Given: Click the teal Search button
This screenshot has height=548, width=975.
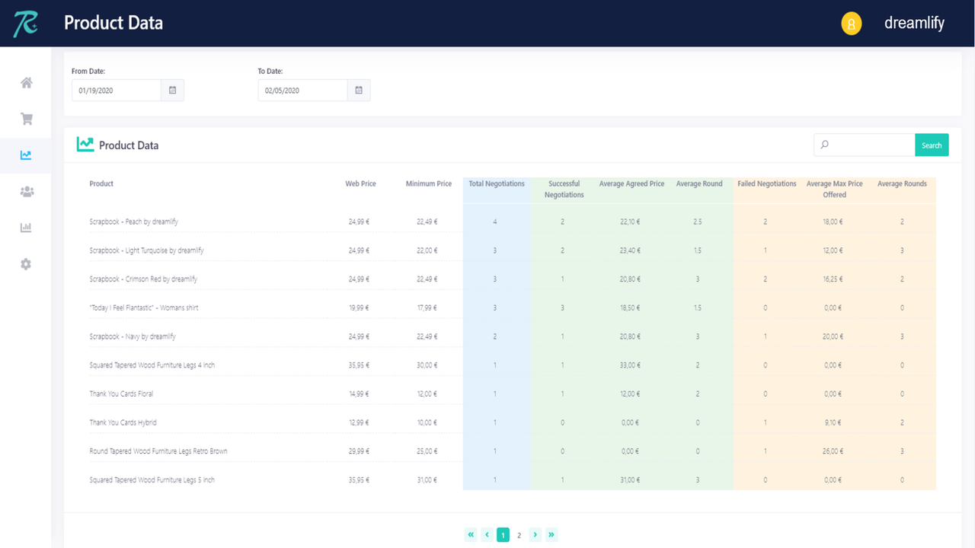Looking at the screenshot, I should [x=932, y=145].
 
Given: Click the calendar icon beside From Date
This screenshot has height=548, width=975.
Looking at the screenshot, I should [x=172, y=91].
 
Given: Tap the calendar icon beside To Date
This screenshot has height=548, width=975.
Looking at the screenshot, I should [x=359, y=91].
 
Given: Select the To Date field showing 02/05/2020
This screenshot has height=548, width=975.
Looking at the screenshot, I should [x=302, y=91].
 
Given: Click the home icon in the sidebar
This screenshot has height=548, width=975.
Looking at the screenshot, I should [x=27, y=83].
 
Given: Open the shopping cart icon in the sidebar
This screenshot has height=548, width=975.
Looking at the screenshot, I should [x=27, y=119].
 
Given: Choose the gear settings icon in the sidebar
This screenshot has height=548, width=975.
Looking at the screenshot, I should [x=27, y=264].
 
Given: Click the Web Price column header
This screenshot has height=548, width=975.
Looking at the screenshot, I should [x=360, y=183].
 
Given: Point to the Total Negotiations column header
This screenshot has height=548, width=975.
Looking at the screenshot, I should [x=497, y=183].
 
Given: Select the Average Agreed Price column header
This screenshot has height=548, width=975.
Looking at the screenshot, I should [x=631, y=183].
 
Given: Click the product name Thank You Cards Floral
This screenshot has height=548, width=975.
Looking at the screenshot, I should [x=121, y=393].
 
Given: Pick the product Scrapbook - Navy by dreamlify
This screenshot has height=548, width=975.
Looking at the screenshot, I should [x=133, y=336].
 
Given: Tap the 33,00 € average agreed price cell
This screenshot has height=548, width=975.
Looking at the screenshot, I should [x=629, y=365].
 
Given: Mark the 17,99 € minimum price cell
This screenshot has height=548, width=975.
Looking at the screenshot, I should [x=427, y=307].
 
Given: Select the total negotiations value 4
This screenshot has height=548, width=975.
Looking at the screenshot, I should [x=495, y=221].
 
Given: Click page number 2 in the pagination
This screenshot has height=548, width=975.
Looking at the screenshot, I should [x=519, y=535].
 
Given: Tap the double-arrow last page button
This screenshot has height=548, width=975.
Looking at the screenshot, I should [x=551, y=535].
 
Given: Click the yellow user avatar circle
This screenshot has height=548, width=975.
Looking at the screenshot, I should [x=851, y=24].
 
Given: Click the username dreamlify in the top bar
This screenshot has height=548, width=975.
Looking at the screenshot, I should [x=914, y=23].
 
